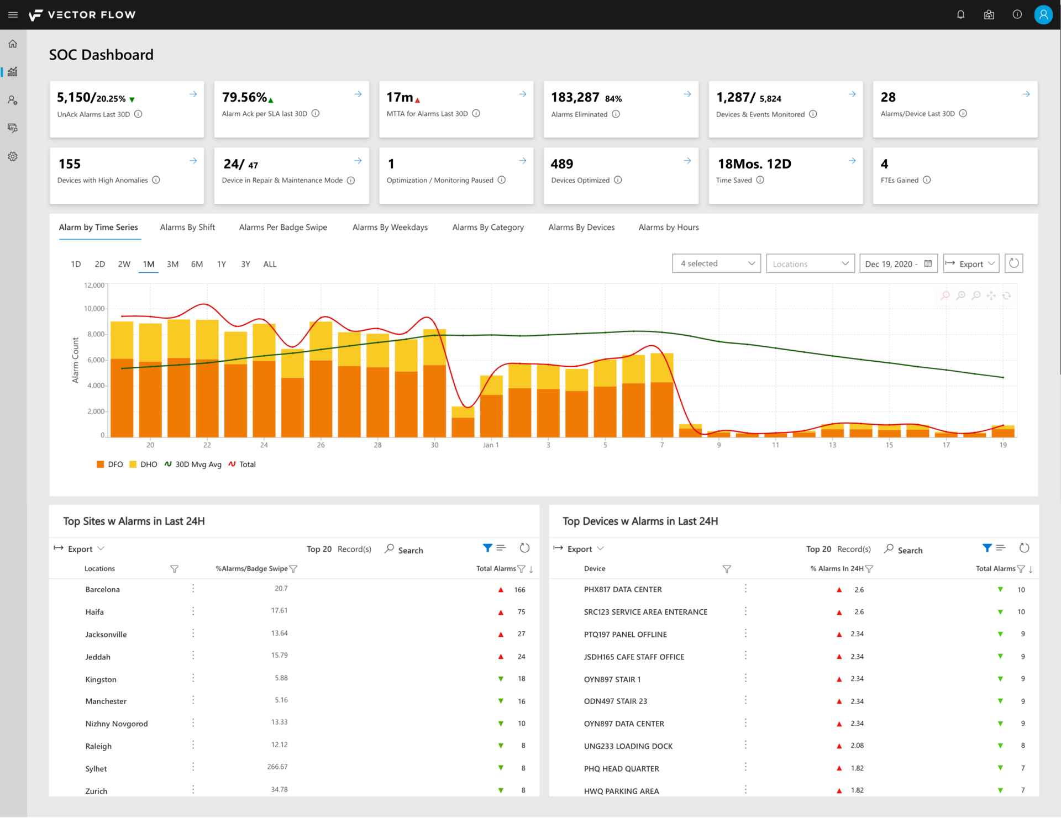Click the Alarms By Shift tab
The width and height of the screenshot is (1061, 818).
click(x=187, y=227)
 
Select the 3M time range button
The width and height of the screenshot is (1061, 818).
click(x=172, y=264)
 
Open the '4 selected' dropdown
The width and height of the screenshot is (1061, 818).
click(x=716, y=263)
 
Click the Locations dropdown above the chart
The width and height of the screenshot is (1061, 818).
click(x=810, y=263)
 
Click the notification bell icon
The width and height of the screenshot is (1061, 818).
click(x=960, y=14)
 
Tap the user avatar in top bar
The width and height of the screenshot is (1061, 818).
click(x=1043, y=14)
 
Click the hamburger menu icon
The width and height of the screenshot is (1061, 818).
click(x=13, y=14)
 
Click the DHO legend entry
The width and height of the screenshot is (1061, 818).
click(x=144, y=465)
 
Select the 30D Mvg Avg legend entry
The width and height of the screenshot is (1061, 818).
click(x=193, y=465)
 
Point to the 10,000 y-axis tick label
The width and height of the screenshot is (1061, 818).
click(x=94, y=309)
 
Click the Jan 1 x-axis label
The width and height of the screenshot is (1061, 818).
click(x=491, y=445)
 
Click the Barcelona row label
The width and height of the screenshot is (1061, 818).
click(x=103, y=589)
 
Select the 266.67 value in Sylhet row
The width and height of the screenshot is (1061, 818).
click(x=277, y=767)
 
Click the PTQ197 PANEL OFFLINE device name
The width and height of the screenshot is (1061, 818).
click(x=625, y=634)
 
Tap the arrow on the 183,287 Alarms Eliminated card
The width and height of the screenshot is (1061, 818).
click(x=687, y=94)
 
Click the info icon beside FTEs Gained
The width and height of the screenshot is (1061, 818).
click(x=927, y=180)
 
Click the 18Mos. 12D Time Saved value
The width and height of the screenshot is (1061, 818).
click(x=754, y=164)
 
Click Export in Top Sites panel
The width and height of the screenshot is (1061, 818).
click(x=80, y=549)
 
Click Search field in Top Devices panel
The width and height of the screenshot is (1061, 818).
click(x=910, y=550)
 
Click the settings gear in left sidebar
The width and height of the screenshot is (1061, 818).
click(x=13, y=157)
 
